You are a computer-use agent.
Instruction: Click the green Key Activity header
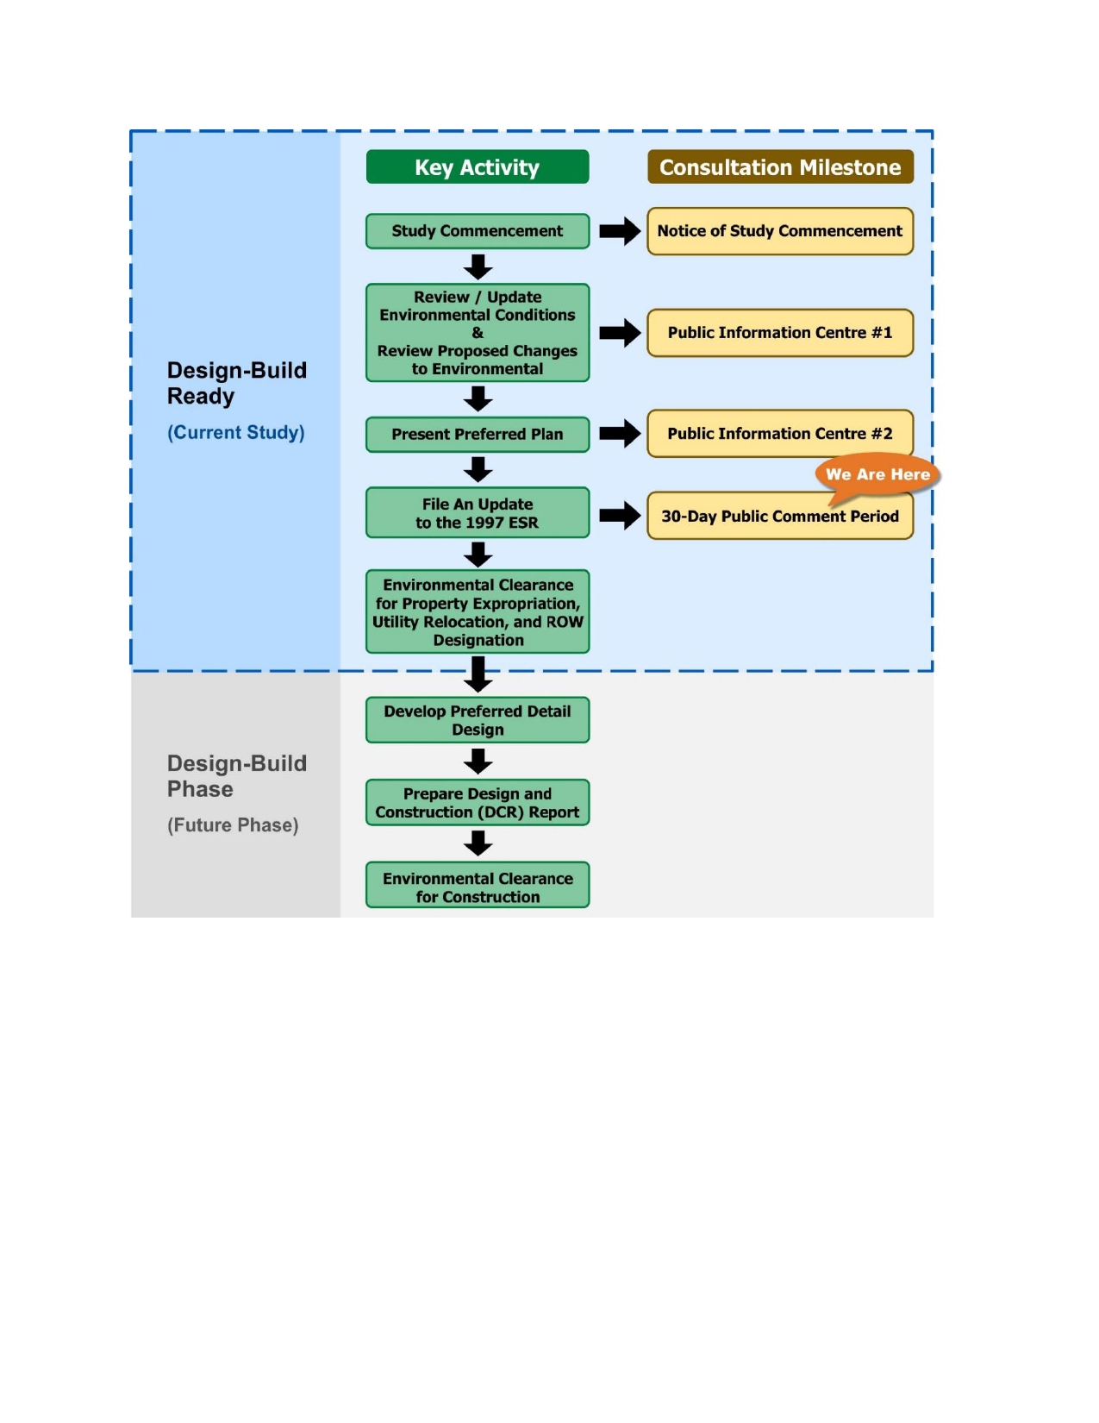[478, 167]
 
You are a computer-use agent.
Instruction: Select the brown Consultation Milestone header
[780, 167]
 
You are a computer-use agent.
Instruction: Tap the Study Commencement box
[478, 231]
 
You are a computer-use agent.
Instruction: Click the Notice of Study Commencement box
[780, 231]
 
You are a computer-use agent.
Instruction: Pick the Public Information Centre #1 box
[780, 333]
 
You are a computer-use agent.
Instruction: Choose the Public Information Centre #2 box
[780, 434]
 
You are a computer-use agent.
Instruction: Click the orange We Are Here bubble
[877, 474]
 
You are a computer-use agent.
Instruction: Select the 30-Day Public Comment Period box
[780, 517]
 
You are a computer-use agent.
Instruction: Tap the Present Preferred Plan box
[478, 435]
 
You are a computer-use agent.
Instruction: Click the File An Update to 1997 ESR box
[478, 513]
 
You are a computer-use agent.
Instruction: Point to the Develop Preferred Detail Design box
[478, 720]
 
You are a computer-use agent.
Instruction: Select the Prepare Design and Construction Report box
[478, 803]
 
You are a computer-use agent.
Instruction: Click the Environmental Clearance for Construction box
[478, 887]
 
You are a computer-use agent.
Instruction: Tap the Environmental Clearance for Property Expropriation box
[478, 612]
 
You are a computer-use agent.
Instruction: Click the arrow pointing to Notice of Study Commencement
[620, 231]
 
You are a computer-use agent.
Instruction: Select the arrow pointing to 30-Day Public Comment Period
[620, 516]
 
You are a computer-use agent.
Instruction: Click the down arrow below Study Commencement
[478, 266]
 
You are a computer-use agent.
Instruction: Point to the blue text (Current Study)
[236, 432]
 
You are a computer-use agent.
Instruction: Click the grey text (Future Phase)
[233, 825]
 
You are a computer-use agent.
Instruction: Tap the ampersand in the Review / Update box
[478, 333]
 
